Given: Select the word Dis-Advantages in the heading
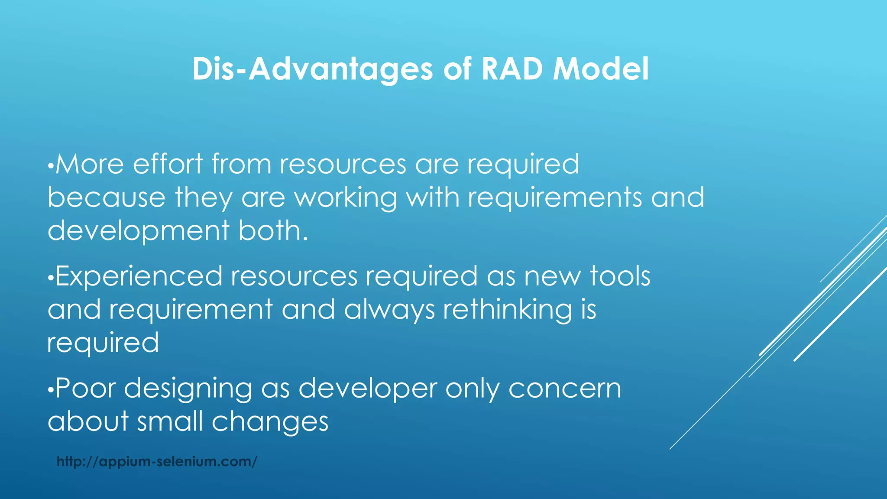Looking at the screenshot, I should point(312,69).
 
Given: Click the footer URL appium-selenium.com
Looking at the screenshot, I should point(157,461).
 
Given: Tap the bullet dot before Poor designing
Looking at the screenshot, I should point(50,390).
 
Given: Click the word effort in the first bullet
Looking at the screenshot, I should point(168,164).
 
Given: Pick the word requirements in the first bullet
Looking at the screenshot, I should point(555,198).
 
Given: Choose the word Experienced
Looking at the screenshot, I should point(139,276).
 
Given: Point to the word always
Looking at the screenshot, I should point(389,310).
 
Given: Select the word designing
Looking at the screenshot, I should point(188,389).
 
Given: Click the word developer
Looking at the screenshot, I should point(368,389).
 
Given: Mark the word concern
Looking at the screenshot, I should point(565,389).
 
